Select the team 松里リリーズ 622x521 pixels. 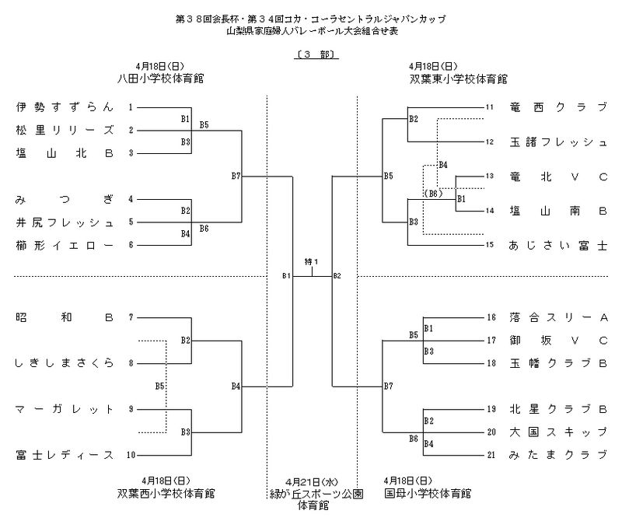[x=65, y=130]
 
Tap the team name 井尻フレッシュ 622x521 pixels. [x=65, y=222]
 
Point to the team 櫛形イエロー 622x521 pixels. [x=65, y=245]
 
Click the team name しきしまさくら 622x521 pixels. [x=65, y=363]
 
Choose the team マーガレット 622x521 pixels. [x=65, y=409]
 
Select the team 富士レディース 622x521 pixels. [x=65, y=455]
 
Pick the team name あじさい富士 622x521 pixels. [x=557, y=245]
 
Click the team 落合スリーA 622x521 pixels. [x=557, y=317]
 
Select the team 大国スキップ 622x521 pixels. [x=557, y=431]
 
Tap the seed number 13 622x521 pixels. [x=491, y=176]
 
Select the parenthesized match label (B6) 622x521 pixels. [x=433, y=192]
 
